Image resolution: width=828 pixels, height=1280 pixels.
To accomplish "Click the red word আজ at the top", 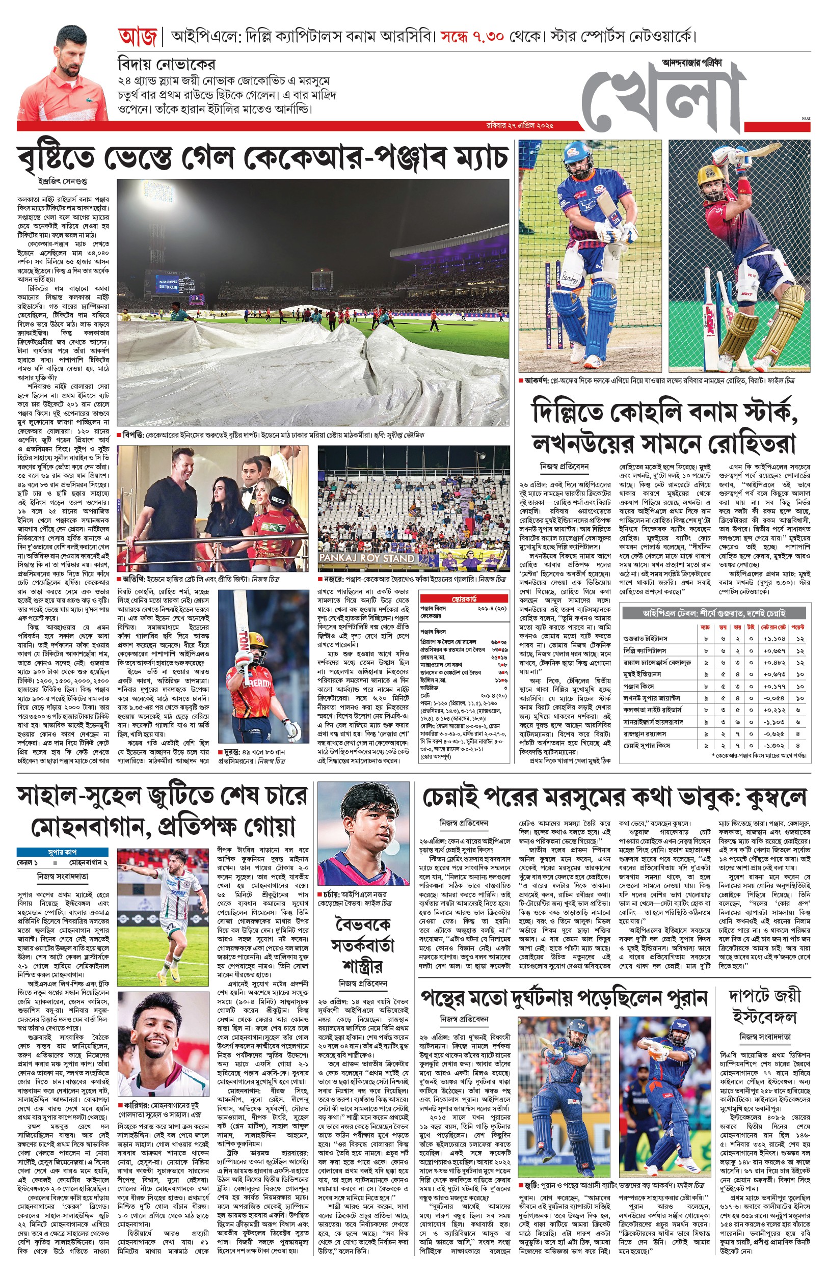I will pos(137,37).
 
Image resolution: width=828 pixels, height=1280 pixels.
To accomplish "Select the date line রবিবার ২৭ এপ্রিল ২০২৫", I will pos(519,126).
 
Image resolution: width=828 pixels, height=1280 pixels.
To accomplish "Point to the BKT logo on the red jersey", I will pos(272,527).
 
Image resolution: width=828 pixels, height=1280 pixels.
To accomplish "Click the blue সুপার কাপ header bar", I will pos(62,852).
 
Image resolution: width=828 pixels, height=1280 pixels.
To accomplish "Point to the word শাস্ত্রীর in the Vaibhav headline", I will pos(362,967).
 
